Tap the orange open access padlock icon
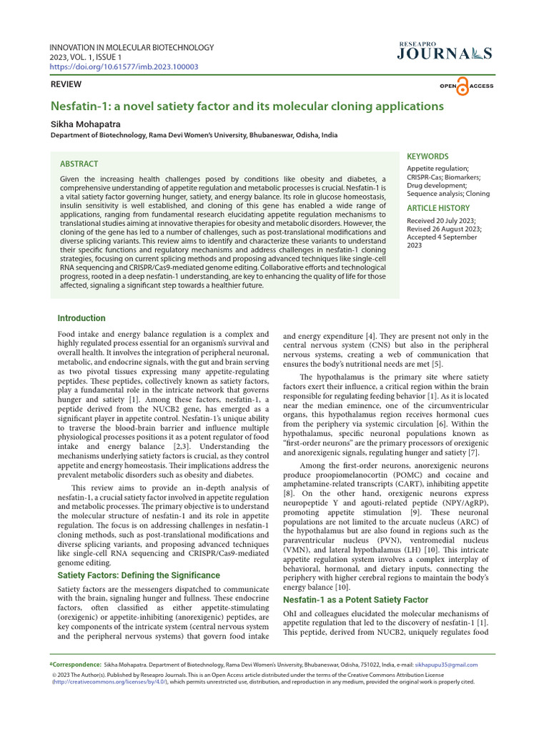(463, 86)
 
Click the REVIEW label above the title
(66, 84)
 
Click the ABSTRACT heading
(79, 164)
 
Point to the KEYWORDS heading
(427, 157)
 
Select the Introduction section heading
(81, 318)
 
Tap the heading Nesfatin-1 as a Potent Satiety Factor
(355, 599)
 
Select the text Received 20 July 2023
(441, 220)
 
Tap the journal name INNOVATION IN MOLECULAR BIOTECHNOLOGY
(132, 48)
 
